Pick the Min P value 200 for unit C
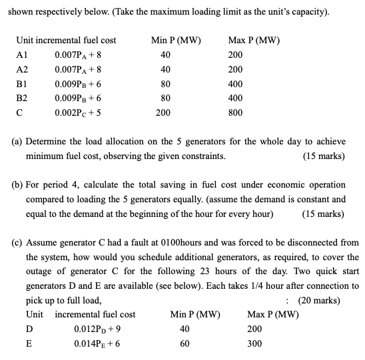(163, 112)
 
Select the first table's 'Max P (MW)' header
(254, 41)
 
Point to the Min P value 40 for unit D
(184, 329)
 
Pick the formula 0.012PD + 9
(99, 329)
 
